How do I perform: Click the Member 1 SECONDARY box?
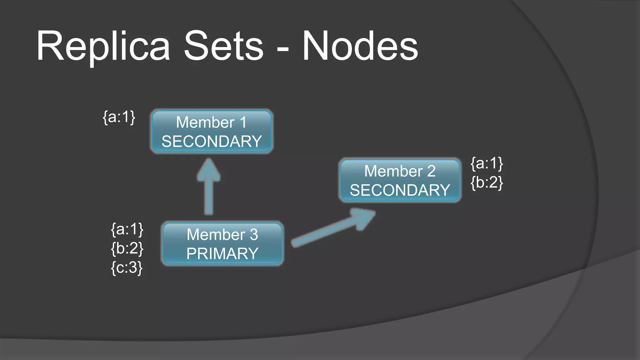click(212, 132)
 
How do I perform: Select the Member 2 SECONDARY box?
click(400, 180)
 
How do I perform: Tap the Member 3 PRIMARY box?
click(222, 244)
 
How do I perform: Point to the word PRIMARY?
click(222, 253)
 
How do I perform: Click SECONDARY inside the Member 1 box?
click(212, 142)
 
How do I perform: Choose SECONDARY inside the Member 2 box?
click(400, 190)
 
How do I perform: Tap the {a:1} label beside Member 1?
click(119, 117)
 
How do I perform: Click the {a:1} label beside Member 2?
click(487, 163)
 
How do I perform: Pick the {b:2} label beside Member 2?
click(487, 182)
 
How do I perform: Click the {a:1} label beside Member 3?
click(127, 229)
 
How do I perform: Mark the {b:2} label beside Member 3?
click(127, 248)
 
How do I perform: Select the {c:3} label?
click(127, 268)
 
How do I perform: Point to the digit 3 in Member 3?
click(254, 234)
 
